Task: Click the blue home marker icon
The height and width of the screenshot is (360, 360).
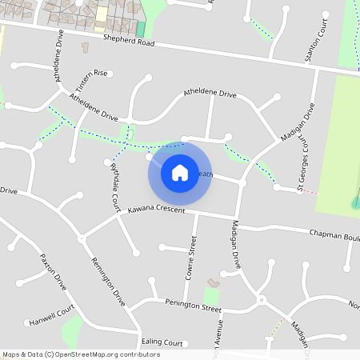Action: click(179, 172)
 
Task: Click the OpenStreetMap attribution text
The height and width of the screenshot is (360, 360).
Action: click(81, 354)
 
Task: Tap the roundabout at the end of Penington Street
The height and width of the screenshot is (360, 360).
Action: click(261, 300)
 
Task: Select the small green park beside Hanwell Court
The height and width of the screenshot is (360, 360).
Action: click(72, 330)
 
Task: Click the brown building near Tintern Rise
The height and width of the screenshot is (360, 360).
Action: click(86, 48)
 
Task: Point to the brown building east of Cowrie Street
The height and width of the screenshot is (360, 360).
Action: click(213, 283)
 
